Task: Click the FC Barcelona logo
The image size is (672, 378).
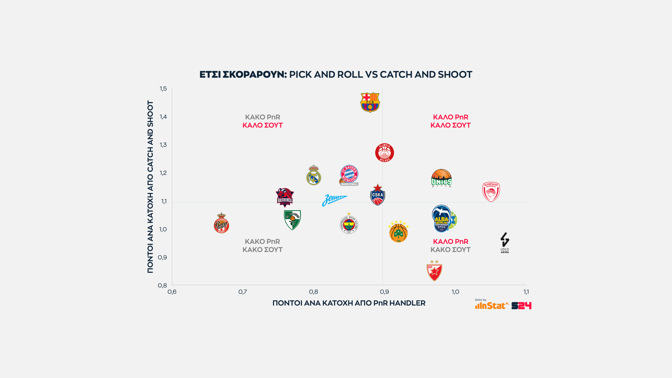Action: (x=370, y=102)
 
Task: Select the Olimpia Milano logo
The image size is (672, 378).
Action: (x=385, y=153)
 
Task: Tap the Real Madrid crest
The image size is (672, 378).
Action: (x=314, y=176)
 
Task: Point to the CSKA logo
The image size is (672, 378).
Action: (x=377, y=195)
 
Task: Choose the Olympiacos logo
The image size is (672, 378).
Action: (x=491, y=192)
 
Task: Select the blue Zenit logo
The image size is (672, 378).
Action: (x=334, y=200)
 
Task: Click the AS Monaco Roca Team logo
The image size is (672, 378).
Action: (x=221, y=223)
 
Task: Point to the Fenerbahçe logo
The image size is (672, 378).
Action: (x=349, y=224)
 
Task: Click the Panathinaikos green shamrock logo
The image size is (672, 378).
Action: (x=398, y=232)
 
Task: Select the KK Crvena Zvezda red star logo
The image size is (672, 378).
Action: (x=434, y=271)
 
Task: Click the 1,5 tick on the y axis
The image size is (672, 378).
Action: (x=163, y=89)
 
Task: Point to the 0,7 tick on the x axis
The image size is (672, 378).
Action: (x=243, y=292)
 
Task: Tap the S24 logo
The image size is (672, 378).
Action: (x=521, y=306)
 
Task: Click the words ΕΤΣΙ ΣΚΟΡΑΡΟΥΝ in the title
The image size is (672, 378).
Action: (x=243, y=75)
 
